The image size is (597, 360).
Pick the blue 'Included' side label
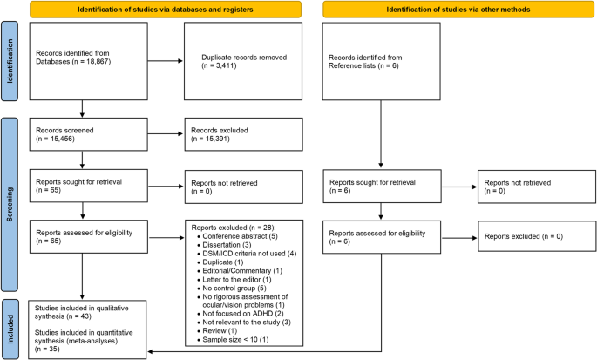pos(10,322)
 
